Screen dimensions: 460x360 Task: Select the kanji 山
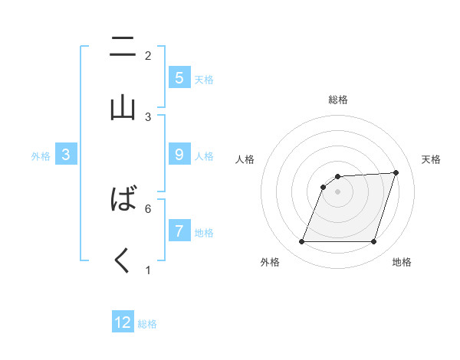tap(123, 106)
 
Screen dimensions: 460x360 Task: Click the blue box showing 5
tap(179, 77)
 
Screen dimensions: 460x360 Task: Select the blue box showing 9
tap(179, 155)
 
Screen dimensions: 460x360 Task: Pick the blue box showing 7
tap(179, 231)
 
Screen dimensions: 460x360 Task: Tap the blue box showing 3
tap(66, 155)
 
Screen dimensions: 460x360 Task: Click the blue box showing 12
tap(123, 322)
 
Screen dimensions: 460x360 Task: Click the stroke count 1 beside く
tap(148, 270)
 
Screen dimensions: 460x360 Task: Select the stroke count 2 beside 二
tap(148, 55)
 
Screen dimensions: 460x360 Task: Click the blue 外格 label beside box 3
tap(41, 155)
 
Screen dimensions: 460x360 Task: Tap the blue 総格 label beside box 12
tap(147, 324)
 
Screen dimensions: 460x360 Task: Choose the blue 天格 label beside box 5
tap(204, 79)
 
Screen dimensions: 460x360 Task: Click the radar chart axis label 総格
tap(338, 100)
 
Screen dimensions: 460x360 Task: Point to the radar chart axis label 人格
tap(245, 159)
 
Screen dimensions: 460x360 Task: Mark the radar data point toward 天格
tap(396, 172)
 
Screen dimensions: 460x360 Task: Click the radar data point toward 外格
tap(301, 242)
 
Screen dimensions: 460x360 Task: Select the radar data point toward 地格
tap(373, 242)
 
